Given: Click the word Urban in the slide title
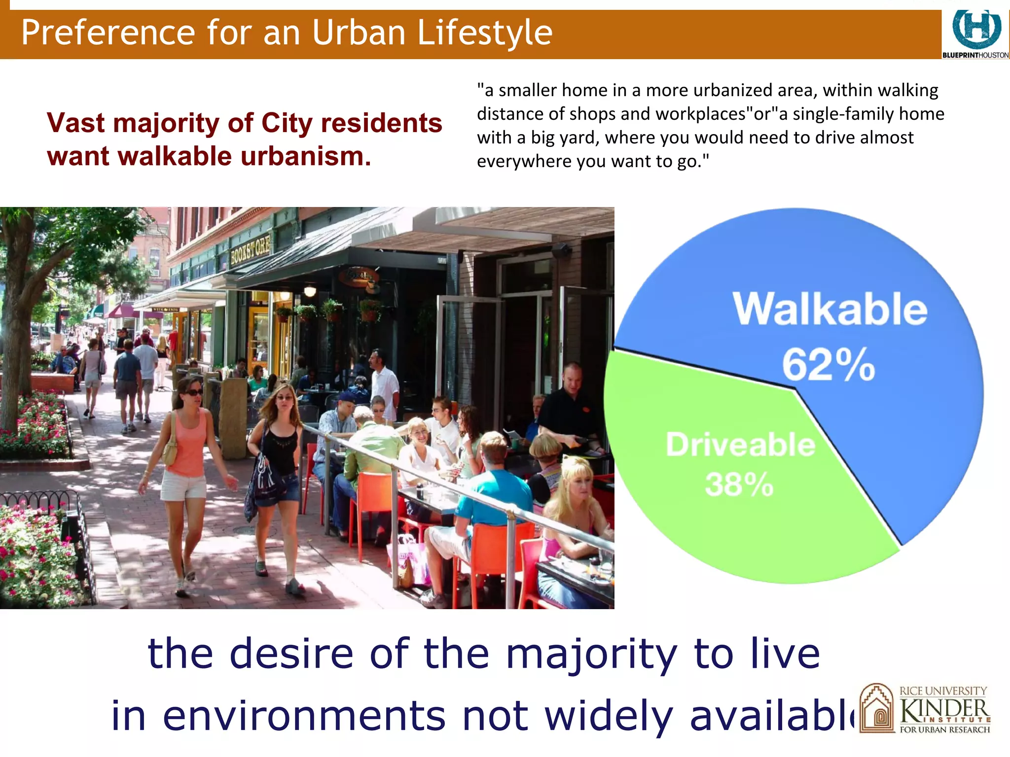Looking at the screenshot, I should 359,33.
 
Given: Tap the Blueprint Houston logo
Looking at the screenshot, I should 975,34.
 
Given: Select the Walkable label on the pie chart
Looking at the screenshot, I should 830,309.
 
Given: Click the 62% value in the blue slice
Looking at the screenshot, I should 829,365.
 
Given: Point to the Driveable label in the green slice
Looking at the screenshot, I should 740,445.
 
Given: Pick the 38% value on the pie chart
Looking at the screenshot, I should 739,484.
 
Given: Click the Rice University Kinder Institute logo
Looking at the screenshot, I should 925,709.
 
